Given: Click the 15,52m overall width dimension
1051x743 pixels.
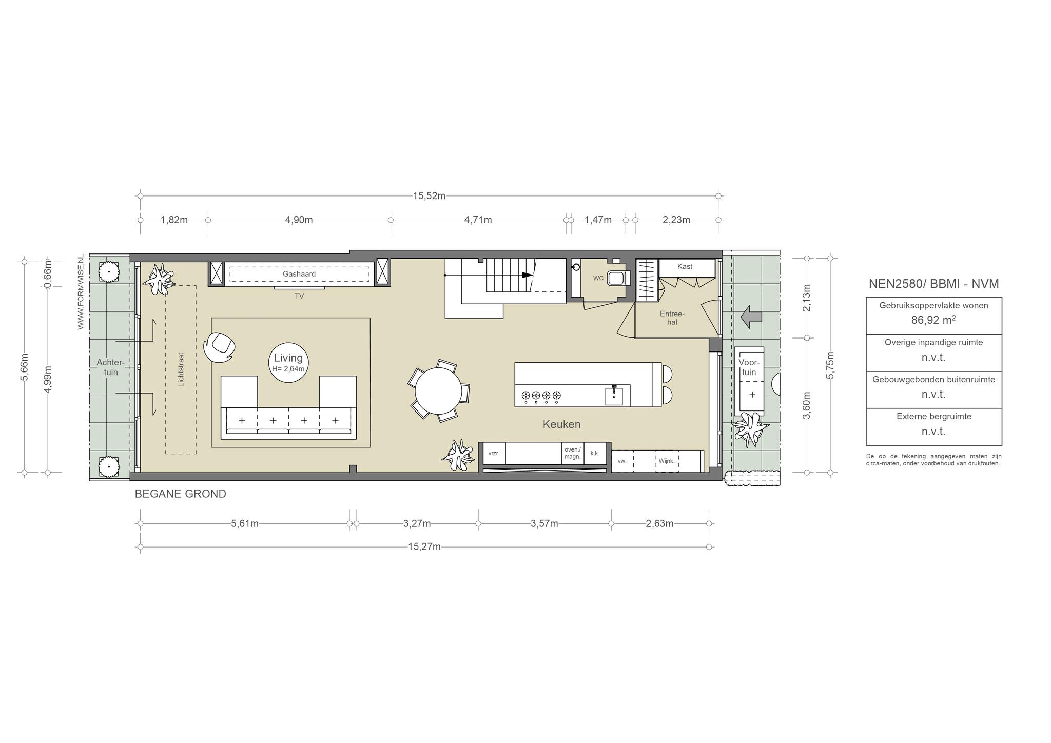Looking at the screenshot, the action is coord(429,195).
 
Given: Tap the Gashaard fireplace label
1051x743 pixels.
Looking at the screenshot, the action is coord(299,274).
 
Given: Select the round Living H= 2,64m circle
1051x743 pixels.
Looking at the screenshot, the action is coord(288,363).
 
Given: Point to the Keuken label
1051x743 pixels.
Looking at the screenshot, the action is coord(562,424).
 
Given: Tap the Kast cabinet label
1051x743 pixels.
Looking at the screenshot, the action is coord(685,266).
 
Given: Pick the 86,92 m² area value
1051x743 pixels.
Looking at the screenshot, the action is coord(933,321).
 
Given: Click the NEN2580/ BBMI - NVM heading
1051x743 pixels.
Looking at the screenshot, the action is coord(933,284).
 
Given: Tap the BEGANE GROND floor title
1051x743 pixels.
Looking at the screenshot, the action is coord(180,494).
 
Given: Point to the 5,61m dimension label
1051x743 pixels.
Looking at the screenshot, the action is coord(245,523).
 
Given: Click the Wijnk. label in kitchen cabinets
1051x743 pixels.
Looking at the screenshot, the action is coord(666,461).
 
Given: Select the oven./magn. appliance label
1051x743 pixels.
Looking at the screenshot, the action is coord(572,453).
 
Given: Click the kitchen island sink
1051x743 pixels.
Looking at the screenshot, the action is coord(614,396).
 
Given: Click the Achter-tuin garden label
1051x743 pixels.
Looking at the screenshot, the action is coord(111,367).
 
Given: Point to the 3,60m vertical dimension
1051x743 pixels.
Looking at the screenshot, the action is coord(807,405).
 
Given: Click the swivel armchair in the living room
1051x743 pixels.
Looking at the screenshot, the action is coord(219,346).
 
